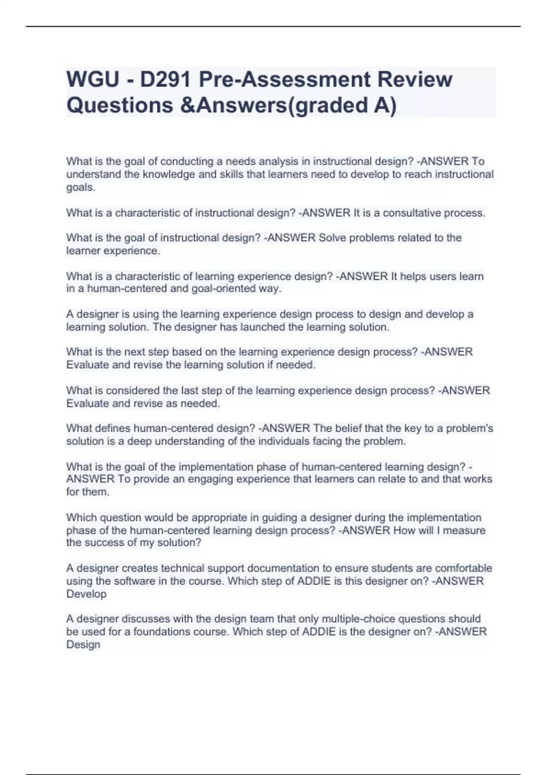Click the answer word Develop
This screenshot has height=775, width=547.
point(86,594)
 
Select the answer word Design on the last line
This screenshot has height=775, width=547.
point(83,645)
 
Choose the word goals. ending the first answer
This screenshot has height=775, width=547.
point(81,187)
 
